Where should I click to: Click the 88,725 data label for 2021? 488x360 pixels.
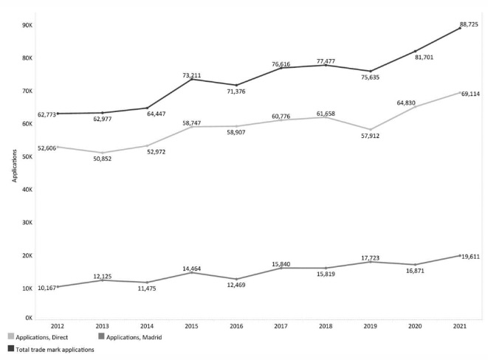(x=469, y=24)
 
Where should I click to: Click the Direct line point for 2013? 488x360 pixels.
(x=101, y=153)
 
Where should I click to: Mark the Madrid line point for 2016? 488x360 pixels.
(x=236, y=279)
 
